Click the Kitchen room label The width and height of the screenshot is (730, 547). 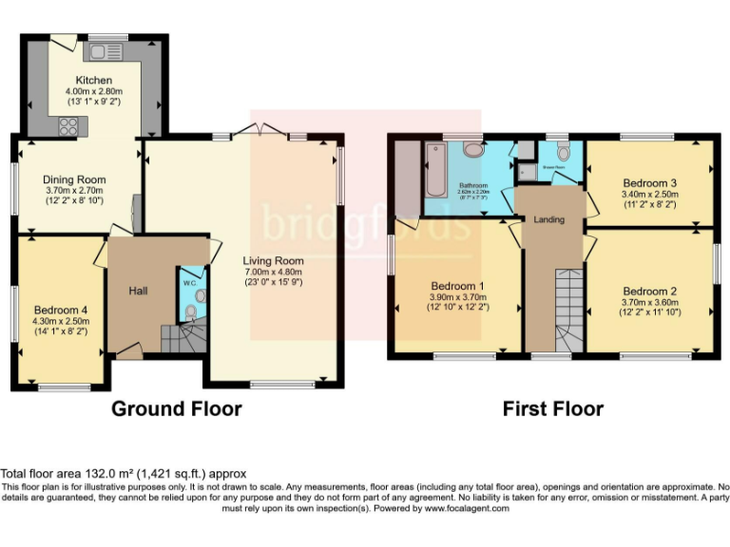[94, 80]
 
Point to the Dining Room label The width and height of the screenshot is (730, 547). [75, 179]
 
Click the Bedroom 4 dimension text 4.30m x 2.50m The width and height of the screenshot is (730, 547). [62, 322]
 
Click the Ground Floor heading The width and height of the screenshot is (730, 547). [176, 409]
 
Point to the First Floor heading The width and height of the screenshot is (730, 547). [552, 409]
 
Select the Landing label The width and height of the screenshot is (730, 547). [549, 219]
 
